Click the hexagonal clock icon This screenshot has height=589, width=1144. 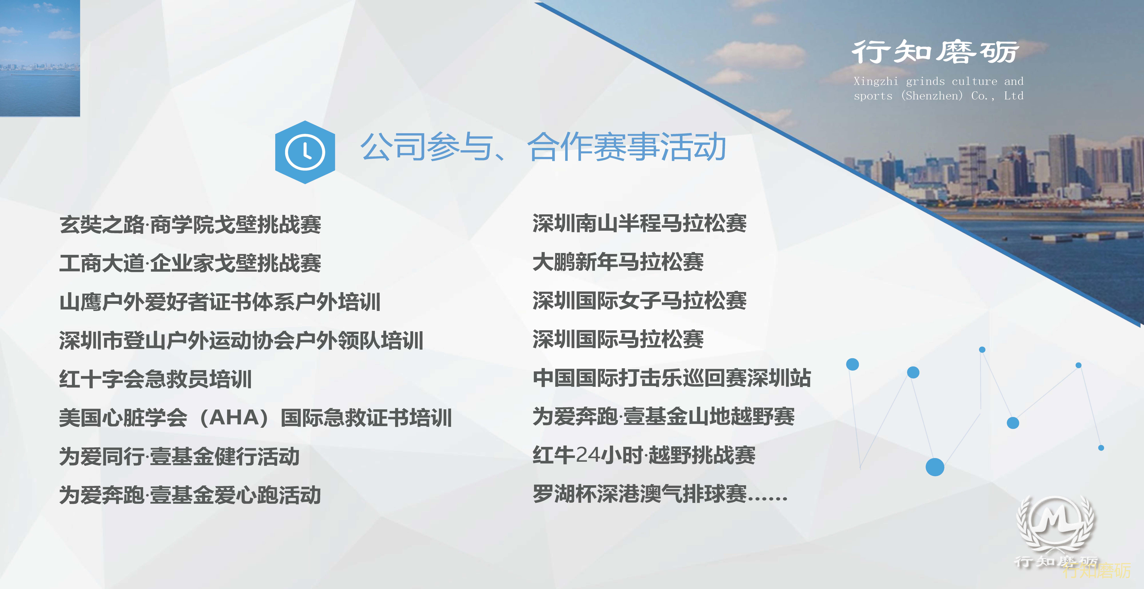coord(305,152)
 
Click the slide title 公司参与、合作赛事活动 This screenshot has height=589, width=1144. coord(543,147)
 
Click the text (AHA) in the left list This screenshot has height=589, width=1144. coord(234,418)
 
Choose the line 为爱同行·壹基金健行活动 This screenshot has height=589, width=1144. coord(179,456)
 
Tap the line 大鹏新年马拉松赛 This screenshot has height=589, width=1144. coord(618,262)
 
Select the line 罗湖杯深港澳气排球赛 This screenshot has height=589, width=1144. coord(640,494)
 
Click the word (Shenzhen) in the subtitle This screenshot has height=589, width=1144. coord(932,96)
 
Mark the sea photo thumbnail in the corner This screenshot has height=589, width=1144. coord(40,58)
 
